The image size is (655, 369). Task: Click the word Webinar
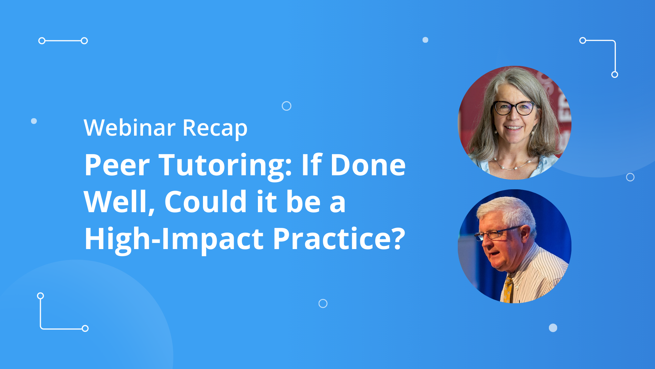pos(129,128)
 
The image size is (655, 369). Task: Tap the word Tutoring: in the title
pos(225,165)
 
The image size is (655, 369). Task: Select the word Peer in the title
pos(117,165)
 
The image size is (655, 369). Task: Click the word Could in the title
pos(205,202)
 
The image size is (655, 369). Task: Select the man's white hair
pos(508,208)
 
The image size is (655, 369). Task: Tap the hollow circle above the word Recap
pos(287,106)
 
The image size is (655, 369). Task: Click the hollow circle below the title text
pos(323,303)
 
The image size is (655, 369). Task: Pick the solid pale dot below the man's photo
pos(553,328)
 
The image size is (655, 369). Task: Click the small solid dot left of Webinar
pos(34,121)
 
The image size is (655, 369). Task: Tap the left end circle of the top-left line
pos(42,41)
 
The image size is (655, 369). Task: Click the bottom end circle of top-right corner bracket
pos(615,74)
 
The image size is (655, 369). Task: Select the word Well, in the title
pos(119,202)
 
